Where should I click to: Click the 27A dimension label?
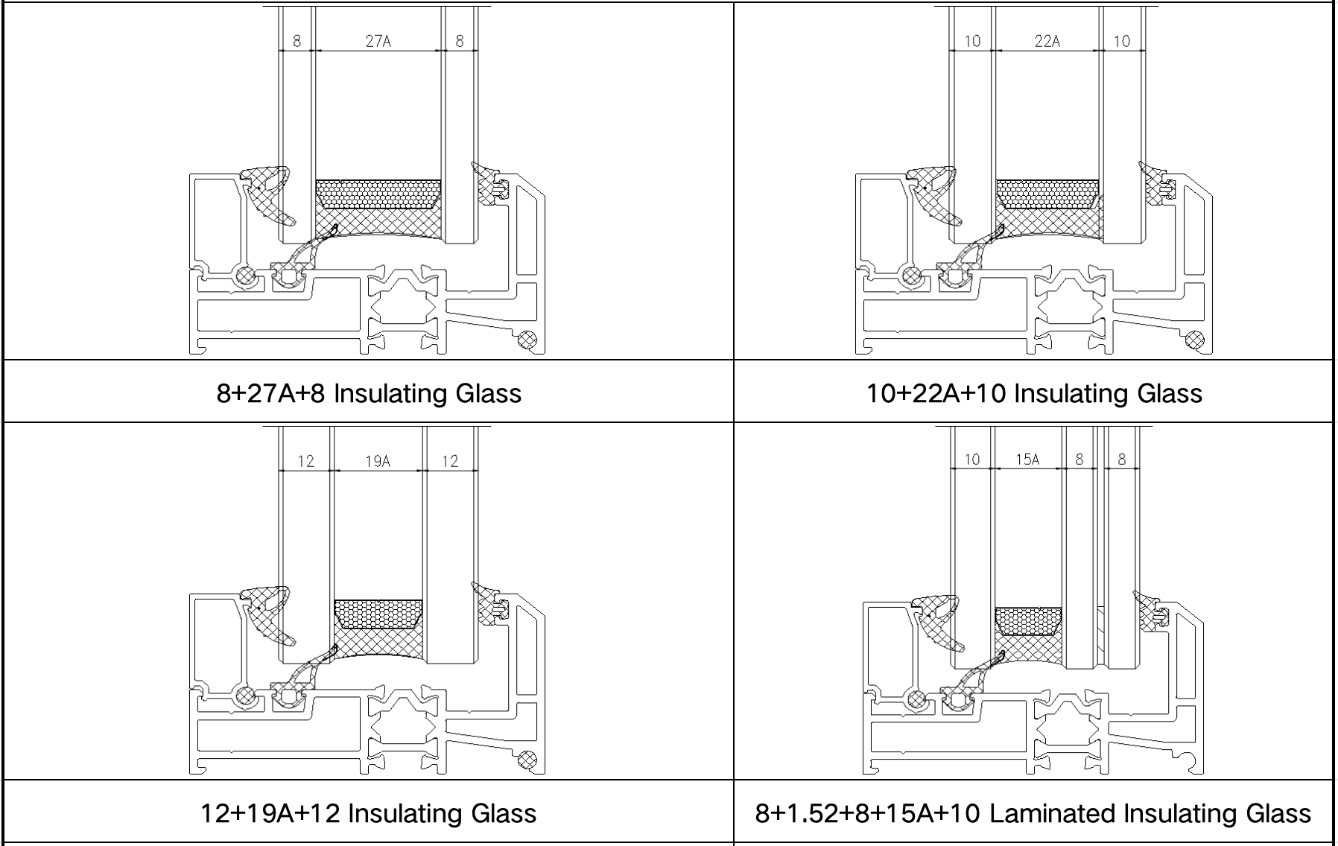(x=378, y=41)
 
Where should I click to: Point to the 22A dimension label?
(x=1047, y=41)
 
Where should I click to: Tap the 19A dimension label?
(x=378, y=461)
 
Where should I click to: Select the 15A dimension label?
(x=1027, y=459)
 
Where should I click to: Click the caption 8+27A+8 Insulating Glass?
(x=369, y=393)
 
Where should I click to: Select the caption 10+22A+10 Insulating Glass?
(x=1034, y=393)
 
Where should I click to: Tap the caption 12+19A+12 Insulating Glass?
(x=368, y=813)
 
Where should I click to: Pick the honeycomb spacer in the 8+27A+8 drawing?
(x=378, y=194)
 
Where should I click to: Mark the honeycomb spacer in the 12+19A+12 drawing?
(x=378, y=614)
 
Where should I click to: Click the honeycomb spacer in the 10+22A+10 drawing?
(x=1047, y=194)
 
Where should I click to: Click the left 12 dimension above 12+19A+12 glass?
(x=305, y=461)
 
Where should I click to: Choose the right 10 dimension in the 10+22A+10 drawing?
(x=1121, y=41)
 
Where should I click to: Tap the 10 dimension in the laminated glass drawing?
(x=971, y=459)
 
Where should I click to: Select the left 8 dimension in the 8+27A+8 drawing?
(x=297, y=41)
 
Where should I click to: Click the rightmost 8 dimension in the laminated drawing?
(x=1122, y=459)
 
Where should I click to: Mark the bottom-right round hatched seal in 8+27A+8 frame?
(x=527, y=340)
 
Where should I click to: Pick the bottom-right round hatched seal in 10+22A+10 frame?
(x=1195, y=340)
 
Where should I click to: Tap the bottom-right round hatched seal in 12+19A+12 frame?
(x=527, y=761)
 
